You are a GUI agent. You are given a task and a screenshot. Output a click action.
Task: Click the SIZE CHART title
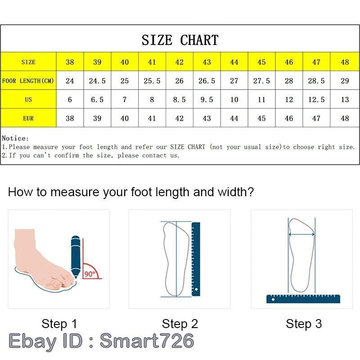point(180,40)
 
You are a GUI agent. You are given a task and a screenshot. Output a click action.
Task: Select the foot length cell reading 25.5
point(152,81)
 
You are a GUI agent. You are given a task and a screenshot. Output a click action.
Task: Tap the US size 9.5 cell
point(207,99)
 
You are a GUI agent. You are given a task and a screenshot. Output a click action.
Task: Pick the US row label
point(28,99)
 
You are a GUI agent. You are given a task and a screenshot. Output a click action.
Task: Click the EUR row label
point(28,118)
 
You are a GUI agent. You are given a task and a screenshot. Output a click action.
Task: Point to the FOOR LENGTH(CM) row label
point(28,81)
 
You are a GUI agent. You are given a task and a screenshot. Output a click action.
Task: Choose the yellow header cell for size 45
point(261,62)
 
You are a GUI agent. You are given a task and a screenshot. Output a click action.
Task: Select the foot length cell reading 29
point(345,81)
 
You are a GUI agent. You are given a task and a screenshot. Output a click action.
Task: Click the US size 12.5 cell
point(316,99)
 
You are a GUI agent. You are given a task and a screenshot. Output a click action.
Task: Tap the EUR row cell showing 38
point(70,118)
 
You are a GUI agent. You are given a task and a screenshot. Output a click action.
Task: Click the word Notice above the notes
point(15,138)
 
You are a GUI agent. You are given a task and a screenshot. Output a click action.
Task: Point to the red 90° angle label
point(90,274)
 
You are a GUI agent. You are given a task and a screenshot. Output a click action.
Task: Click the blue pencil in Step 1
point(76,256)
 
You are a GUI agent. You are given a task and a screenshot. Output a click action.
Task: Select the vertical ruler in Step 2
point(196,259)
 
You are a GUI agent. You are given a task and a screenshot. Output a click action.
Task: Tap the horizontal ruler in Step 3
point(303,298)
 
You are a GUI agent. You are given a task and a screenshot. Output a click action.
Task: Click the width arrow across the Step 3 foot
point(301,234)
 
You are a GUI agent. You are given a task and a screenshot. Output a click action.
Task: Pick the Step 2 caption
point(180,324)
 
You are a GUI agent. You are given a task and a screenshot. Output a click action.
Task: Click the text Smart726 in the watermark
point(147,341)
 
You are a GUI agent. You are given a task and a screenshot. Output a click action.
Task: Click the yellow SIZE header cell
point(28,62)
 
